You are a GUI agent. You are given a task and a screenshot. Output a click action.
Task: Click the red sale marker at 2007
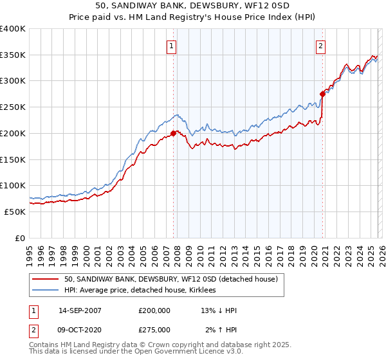click(x=174, y=134)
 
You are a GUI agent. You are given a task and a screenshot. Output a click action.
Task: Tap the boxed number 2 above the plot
click(x=320, y=46)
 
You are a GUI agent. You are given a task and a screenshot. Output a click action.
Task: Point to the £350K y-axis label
click(x=13, y=55)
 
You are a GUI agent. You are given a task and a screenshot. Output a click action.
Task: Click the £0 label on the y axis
click(x=21, y=238)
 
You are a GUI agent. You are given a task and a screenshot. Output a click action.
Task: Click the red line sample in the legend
click(x=46, y=280)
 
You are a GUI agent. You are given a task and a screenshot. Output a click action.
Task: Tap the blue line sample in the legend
click(x=46, y=291)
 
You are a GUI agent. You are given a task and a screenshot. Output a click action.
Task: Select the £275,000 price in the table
click(x=154, y=330)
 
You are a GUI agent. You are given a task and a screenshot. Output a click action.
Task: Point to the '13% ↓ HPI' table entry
click(x=219, y=310)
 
